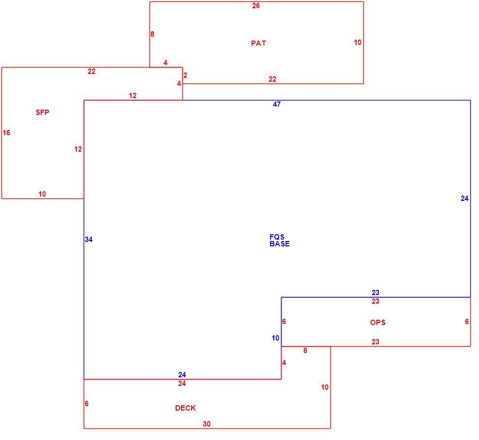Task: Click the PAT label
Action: point(258,43)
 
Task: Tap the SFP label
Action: point(42,112)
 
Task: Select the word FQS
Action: point(277,237)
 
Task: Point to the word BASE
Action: point(280,243)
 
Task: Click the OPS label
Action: point(377,322)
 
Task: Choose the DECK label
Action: point(185,408)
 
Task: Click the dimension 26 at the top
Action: point(256,5)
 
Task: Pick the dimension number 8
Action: point(152,34)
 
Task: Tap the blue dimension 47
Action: point(277,104)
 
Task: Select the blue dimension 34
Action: point(89,240)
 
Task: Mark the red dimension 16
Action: point(6,133)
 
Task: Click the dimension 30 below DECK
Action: point(207,424)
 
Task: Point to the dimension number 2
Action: point(185,75)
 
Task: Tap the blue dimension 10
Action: point(276,338)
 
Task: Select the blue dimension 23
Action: point(375,292)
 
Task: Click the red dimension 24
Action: point(182,383)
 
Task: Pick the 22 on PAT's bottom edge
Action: point(272,79)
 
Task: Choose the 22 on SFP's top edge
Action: point(91,71)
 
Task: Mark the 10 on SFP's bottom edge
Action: point(42,194)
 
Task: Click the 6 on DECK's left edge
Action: point(87,403)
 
